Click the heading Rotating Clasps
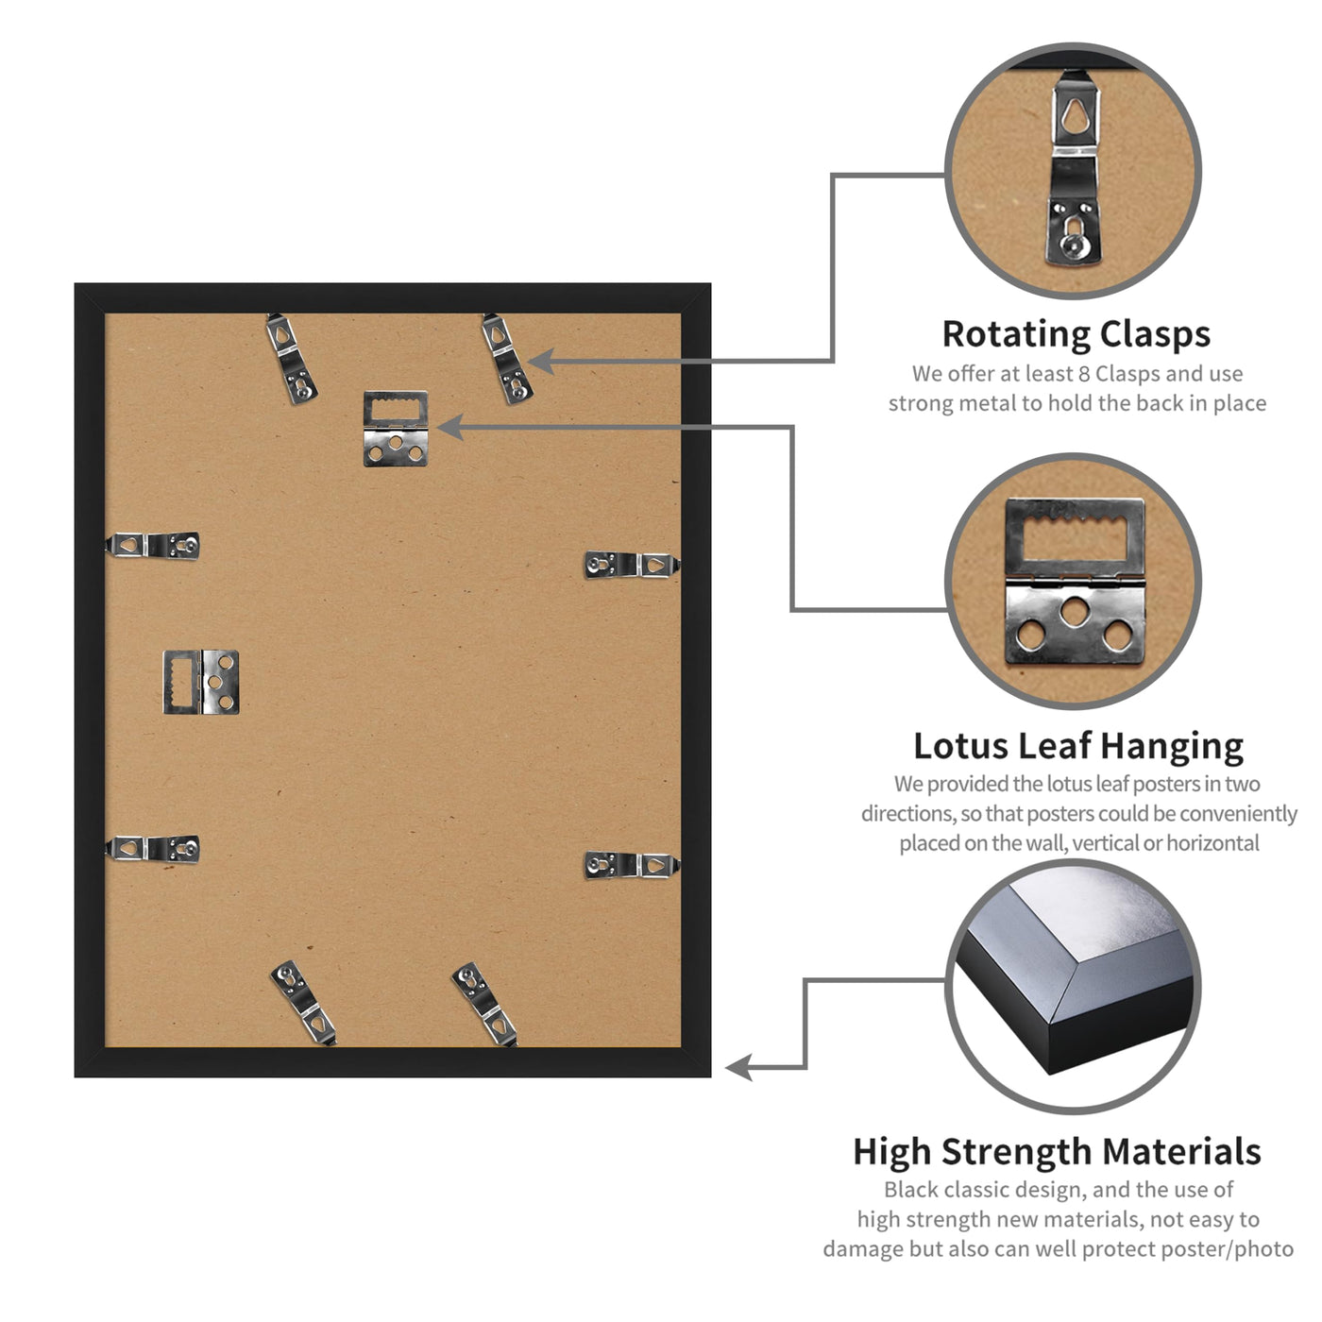pyautogui.click(x=1075, y=335)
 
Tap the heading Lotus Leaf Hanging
pyautogui.click(x=1077, y=747)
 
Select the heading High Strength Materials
pyautogui.click(x=1057, y=1151)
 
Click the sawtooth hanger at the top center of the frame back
pyautogui.click(x=395, y=428)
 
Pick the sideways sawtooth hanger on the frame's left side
pyautogui.click(x=201, y=682)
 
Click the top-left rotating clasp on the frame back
pyautogui.click(x=292, y=358)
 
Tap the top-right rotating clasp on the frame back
pyautogui.click(x=507, y=358)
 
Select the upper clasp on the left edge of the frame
pyautogui.click(x=152, y=546)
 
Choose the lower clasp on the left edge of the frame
pyautogui.click(x=152, y=849)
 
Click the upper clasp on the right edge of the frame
pyautogui.click(x=632, y=565)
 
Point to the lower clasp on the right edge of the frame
pyautogui.click(x=632, y=865)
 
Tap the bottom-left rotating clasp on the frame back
pyautogui.click(x=303, y=1002)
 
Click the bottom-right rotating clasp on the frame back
pyautogui.click(x=484, y=1004)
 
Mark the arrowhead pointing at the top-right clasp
pyautogui.click(x=541, y=362)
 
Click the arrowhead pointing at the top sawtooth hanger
pyautogui.click(x=450, y=428)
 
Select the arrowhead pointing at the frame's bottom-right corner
pyautogui.click(x=738, y=1067)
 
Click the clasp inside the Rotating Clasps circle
pyautogui.click(x=1074, y=168)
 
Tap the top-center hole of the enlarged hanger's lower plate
pyautogui.click(x=1075, y=611)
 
